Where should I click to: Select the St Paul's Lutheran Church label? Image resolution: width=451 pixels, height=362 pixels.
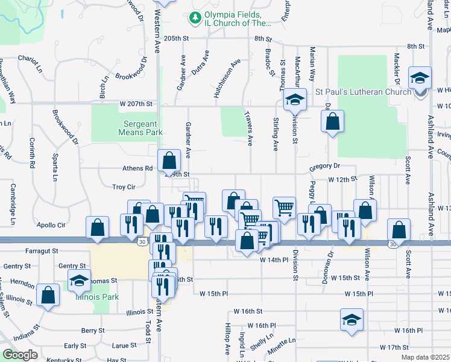point(364,92)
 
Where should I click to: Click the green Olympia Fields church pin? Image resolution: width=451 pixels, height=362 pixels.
point(195,19)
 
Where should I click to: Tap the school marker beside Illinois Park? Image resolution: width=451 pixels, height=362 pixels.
point(78,281)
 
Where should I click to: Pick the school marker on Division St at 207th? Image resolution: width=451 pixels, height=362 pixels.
point(294,100)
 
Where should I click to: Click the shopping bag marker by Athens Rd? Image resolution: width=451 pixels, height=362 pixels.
point(170,160)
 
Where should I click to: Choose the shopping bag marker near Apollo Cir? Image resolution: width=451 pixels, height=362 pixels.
point(98,228)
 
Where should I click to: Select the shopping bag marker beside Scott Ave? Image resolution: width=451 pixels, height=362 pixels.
point(399,230)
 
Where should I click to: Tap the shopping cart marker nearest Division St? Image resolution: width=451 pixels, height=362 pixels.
point(285,208)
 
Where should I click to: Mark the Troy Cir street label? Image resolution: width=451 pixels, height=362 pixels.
point(124,187)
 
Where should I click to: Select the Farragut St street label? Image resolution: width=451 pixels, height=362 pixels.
point(42,250)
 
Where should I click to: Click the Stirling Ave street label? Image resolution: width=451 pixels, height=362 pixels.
point(276,138)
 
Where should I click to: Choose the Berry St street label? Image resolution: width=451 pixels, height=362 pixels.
point(93,331)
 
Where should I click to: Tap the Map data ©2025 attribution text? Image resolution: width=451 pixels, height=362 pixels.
point(425,357)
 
